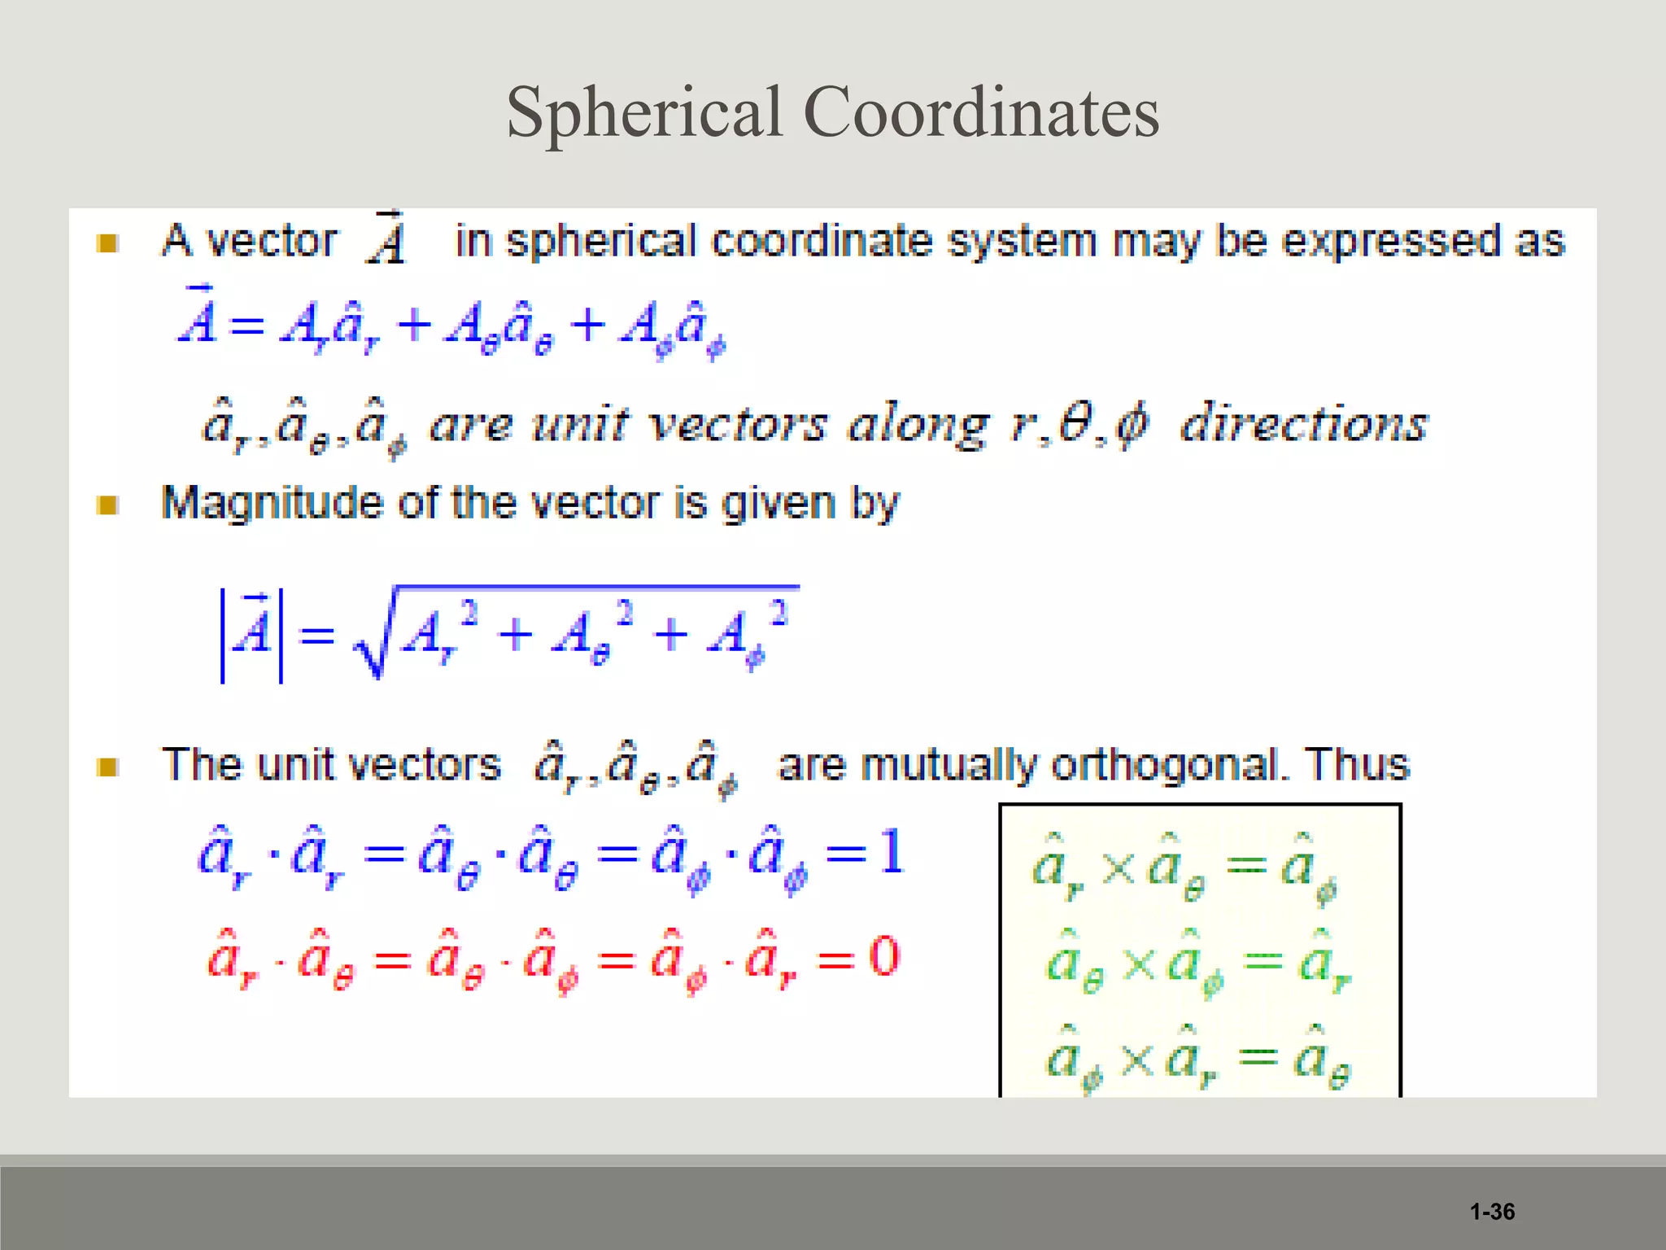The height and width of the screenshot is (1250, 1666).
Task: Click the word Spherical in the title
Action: pos(644,112)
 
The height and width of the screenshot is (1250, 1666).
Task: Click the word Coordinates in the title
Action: pos(981,112)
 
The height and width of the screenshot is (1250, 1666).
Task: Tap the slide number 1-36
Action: pos(1492,1212)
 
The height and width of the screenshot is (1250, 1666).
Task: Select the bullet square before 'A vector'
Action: pos(107,243)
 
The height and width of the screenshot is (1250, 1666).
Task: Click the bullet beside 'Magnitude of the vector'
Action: pos(107,505)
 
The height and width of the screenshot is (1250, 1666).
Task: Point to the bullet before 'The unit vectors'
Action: pos(107,767)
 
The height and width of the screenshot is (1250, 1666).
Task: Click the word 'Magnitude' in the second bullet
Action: pos(271,504)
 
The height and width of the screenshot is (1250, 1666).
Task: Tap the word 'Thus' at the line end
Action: pos(1356,764)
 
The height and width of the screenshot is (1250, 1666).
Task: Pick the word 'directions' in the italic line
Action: pos(1303,423)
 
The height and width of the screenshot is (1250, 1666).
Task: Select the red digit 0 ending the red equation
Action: pos(883,957)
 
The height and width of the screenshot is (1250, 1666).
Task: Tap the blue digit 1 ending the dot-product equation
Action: pos(892,853)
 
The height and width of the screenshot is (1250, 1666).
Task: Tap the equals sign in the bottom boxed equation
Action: pos(1258,1057)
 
